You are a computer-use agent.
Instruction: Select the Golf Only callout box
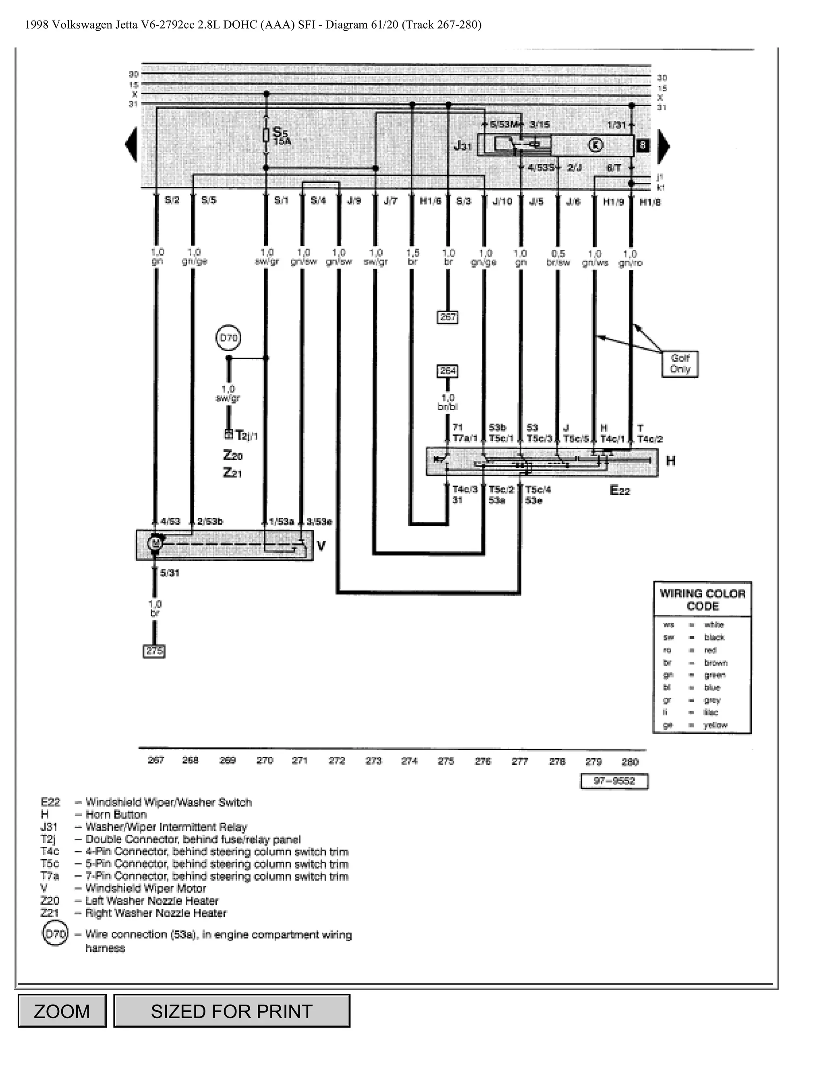pyautogui.click(x=680, y=364)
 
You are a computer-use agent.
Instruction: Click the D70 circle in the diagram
pyautogui.click(x=228, y=338)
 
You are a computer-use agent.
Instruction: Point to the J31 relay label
pyautogui.click(x=463, y=146)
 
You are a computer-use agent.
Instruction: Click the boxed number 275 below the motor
pyautogui.click(x=154, y=651)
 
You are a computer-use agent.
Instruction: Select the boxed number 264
pyautogui.click(x=447, y=371)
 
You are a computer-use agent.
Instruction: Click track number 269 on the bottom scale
pyautogui.click(x=227, y=760)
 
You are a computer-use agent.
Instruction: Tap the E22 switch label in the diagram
pyautogui.click(x=620, y=490)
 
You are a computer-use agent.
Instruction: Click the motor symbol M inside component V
pyautogui.click(x=155, y=543)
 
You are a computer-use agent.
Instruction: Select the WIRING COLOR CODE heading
pyautogui.click(x=702, y=600)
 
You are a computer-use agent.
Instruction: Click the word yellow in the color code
pyautogui.click(x=715, y=725)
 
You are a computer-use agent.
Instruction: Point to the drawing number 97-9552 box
pyautogui.click(x=614, y=781)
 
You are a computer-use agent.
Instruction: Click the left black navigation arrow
pyautogui.click(x=131, y=145)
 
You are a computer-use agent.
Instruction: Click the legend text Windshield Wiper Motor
pyautogui.click(x=146, y=888)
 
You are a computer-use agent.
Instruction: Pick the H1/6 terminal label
pyautogui.click(x=430, y=201)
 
